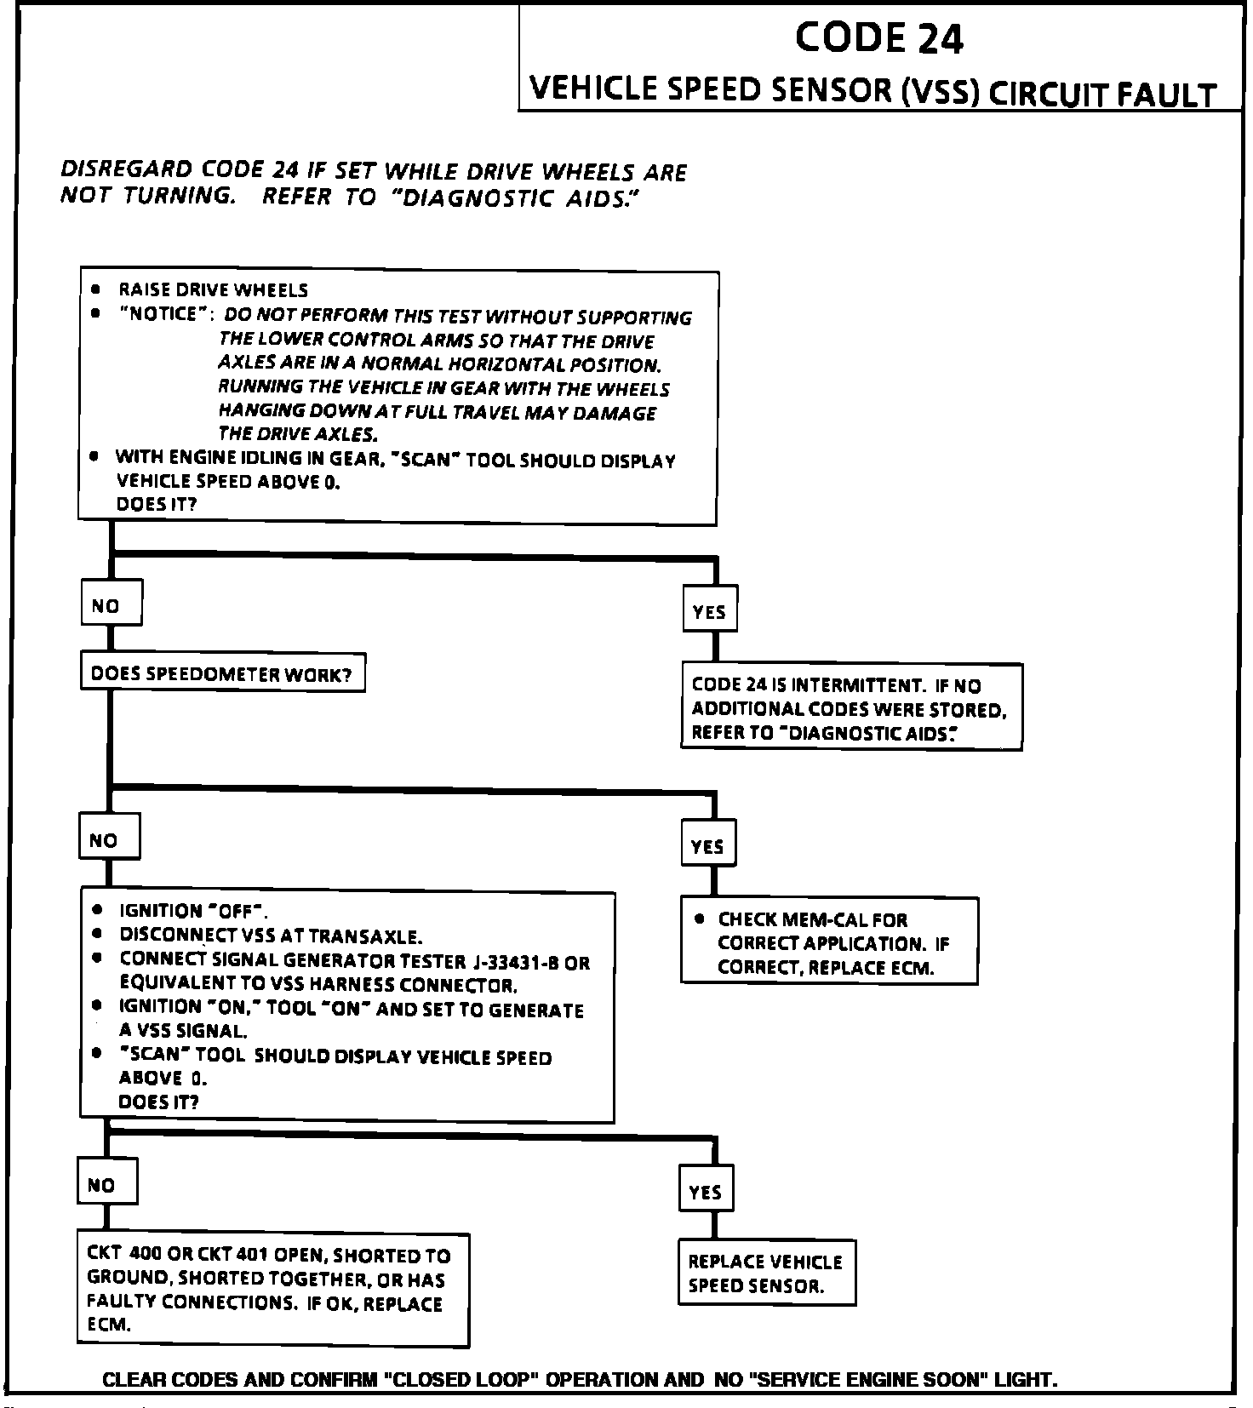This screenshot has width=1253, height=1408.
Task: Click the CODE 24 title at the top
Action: (x=878, y=38)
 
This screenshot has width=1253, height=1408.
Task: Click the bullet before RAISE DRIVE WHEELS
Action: (x=96, y=289)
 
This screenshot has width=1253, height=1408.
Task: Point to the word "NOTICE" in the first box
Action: (x=163, y=314)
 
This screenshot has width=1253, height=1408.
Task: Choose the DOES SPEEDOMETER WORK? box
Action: (x=222, y=674)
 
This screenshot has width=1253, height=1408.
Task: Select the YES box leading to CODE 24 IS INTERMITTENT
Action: (x=709, y=610)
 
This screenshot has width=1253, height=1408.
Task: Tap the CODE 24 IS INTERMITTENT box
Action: (x=850, y=707)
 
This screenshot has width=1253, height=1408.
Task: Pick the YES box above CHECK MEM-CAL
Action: (x=707, y=844)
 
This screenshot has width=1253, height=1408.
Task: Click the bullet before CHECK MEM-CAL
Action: (x=699, y=919)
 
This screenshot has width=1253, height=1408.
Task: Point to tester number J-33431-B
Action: (x=515, y=963)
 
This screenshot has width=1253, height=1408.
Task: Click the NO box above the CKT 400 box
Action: (x=106, y=1183)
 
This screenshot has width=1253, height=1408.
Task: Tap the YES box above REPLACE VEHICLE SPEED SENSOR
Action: (x=706, y=1191)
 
